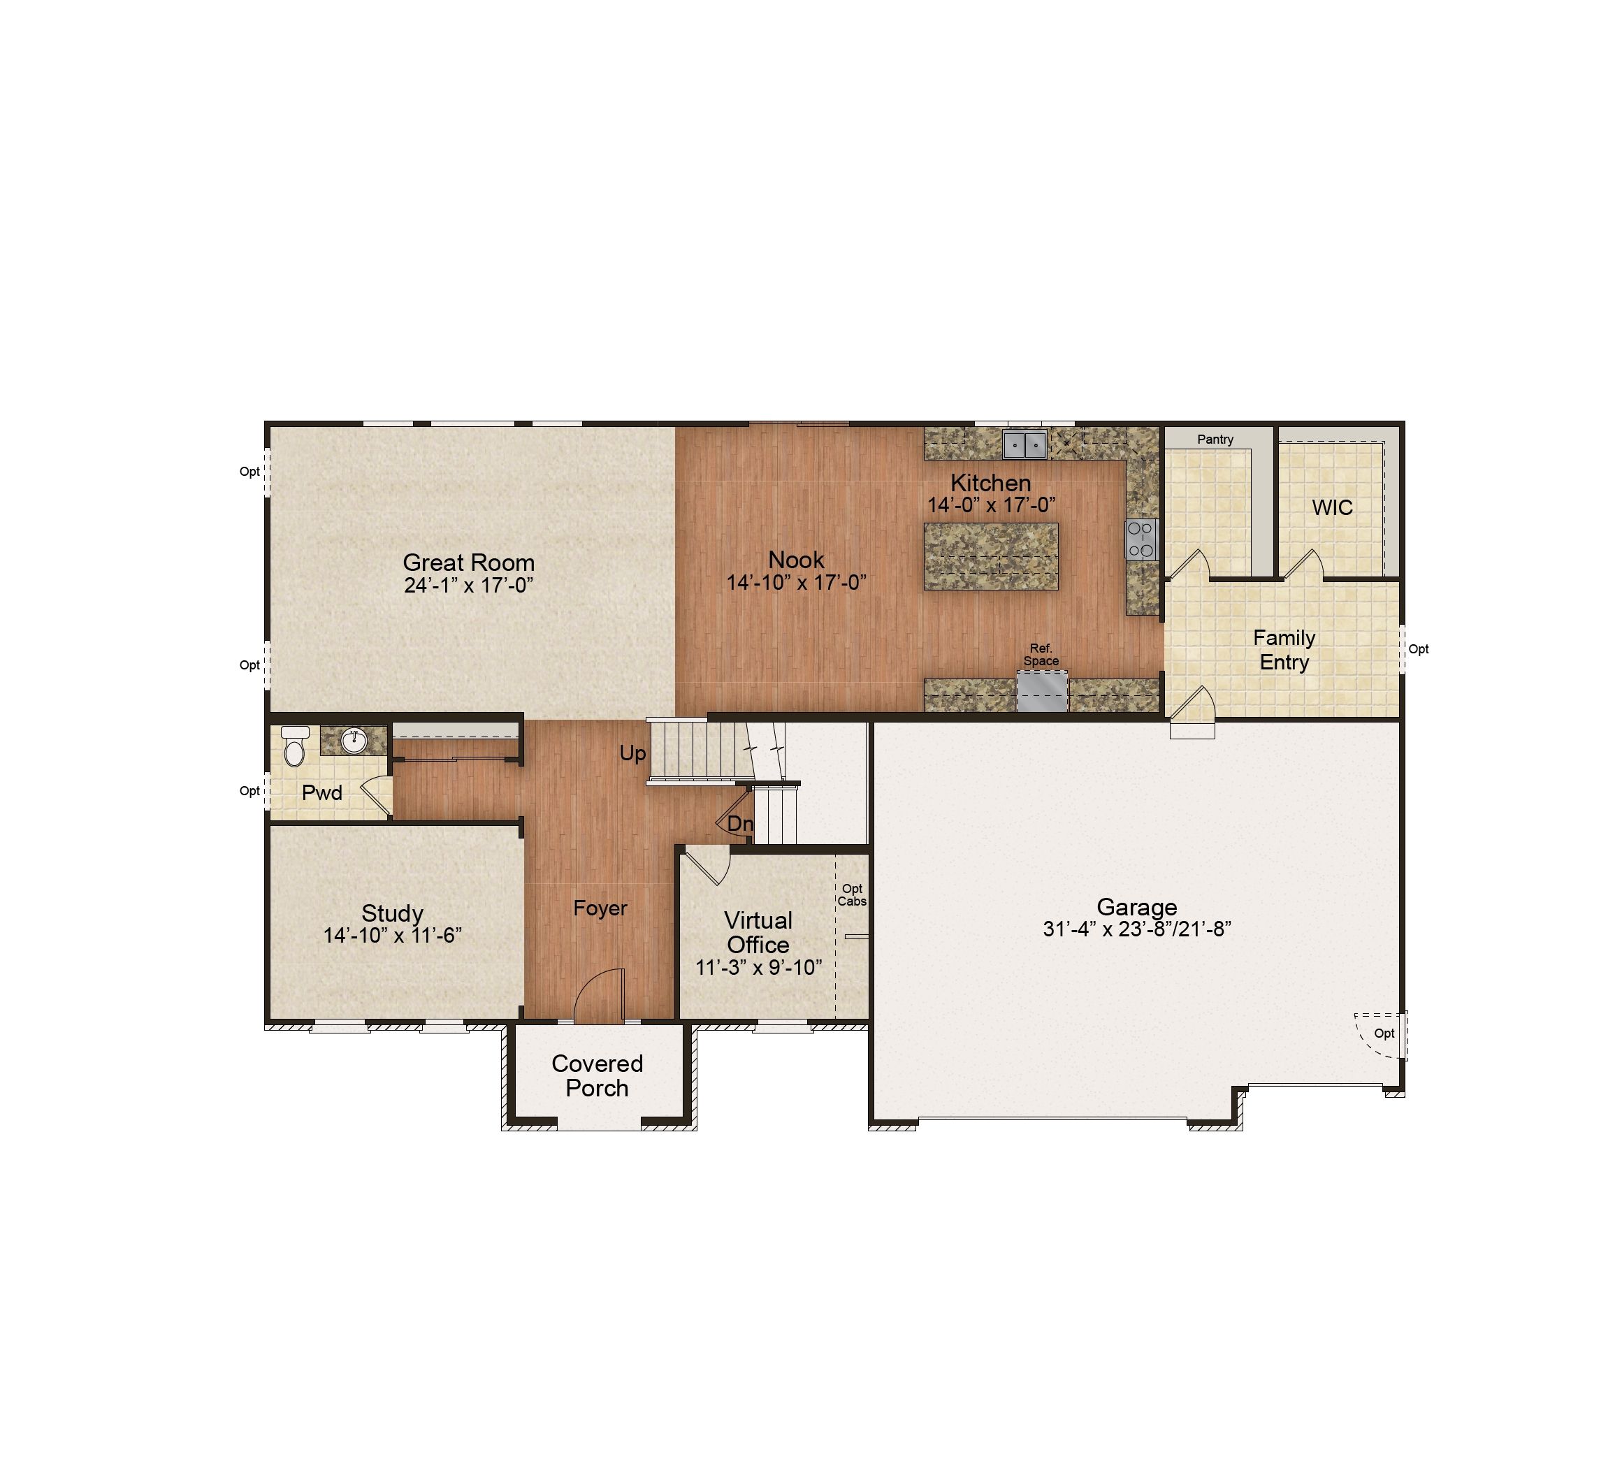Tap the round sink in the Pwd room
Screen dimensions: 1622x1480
pos(354,740)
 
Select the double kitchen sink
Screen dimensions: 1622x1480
pos(1025,444)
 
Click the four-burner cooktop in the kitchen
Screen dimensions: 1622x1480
pos(1141,539)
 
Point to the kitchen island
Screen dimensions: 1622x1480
pos(991,557)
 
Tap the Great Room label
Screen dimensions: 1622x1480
pos(468,563)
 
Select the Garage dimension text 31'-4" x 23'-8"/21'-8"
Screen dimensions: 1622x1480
pos(1137,929)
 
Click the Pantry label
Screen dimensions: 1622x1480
pos(1215,439)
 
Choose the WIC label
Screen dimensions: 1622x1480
pos(1333,507)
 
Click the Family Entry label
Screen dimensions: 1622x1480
pos(1285,650)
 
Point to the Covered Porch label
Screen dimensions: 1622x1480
pos(597,1075)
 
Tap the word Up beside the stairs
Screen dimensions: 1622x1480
pos(632,754)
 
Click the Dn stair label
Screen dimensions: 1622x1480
pos(740,824)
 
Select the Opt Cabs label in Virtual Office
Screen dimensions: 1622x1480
pos(852,894)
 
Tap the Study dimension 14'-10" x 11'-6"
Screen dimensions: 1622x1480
pos(393,936)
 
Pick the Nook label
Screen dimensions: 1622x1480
pos(797,560)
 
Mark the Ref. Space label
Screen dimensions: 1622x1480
pos(1041,655)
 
